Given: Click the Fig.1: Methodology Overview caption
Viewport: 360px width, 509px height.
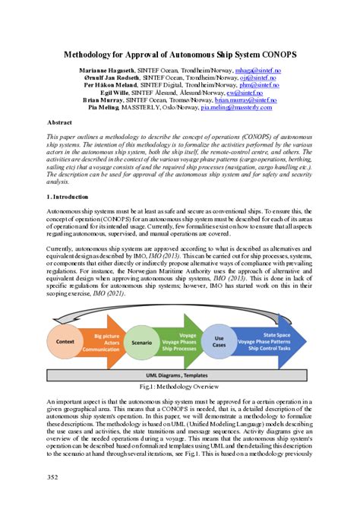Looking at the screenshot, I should click(179, 387).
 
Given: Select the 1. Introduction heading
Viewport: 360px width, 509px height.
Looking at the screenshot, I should click(68, 197).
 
